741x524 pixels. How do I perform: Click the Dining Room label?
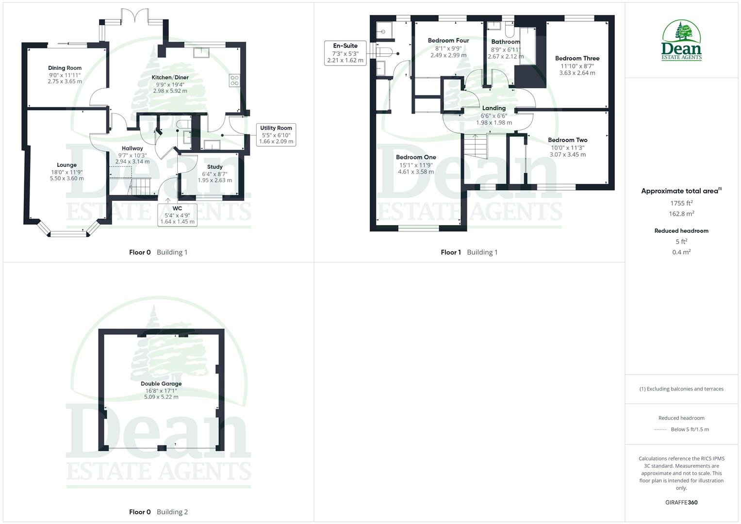[x=65, y=68]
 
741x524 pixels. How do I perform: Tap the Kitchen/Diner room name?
[x=170, y=77]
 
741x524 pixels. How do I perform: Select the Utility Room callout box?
[x=276, y=135]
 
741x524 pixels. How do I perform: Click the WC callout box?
[x=177, y=215]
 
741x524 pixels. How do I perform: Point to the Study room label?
[x=214, y=166]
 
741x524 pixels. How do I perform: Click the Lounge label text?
[x=66, y=165]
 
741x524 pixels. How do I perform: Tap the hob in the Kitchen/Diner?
[x=234, y=80]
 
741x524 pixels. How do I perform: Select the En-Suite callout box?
[x=345, y=53]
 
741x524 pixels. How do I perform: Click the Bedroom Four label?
[x=448, y=41]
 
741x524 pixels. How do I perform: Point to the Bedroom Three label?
[x=577, y=58]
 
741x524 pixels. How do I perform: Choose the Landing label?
[x=494, y=108]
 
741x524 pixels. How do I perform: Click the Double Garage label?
[x=161, y=384]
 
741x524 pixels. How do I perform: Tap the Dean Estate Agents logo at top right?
[x=681, y=41]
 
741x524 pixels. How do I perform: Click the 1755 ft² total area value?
[x=681, y=203]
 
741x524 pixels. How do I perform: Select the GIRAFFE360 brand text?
[x=681, y=503]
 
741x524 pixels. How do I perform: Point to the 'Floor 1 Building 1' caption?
[x=469, y=252]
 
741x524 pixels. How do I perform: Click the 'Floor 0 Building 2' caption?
[x=158, y=512]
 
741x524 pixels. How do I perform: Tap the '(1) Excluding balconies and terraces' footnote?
[x=681, y=389]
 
